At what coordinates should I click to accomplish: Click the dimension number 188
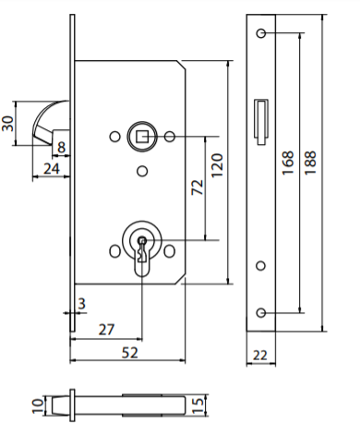tap(310, 163)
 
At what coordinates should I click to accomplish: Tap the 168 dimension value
tap(288, 163)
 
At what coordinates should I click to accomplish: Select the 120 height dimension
tap(217, 165)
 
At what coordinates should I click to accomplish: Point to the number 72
tap(198, 187)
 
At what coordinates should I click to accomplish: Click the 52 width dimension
tap(130, 353)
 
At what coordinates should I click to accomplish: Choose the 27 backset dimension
tap(106, 330)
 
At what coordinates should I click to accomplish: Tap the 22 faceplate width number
tap(260, 356)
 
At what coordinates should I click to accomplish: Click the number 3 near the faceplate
tap(81, 304)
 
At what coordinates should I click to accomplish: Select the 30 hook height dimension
tap(7, 123)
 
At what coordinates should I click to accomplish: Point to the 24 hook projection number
tap(52, 169)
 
